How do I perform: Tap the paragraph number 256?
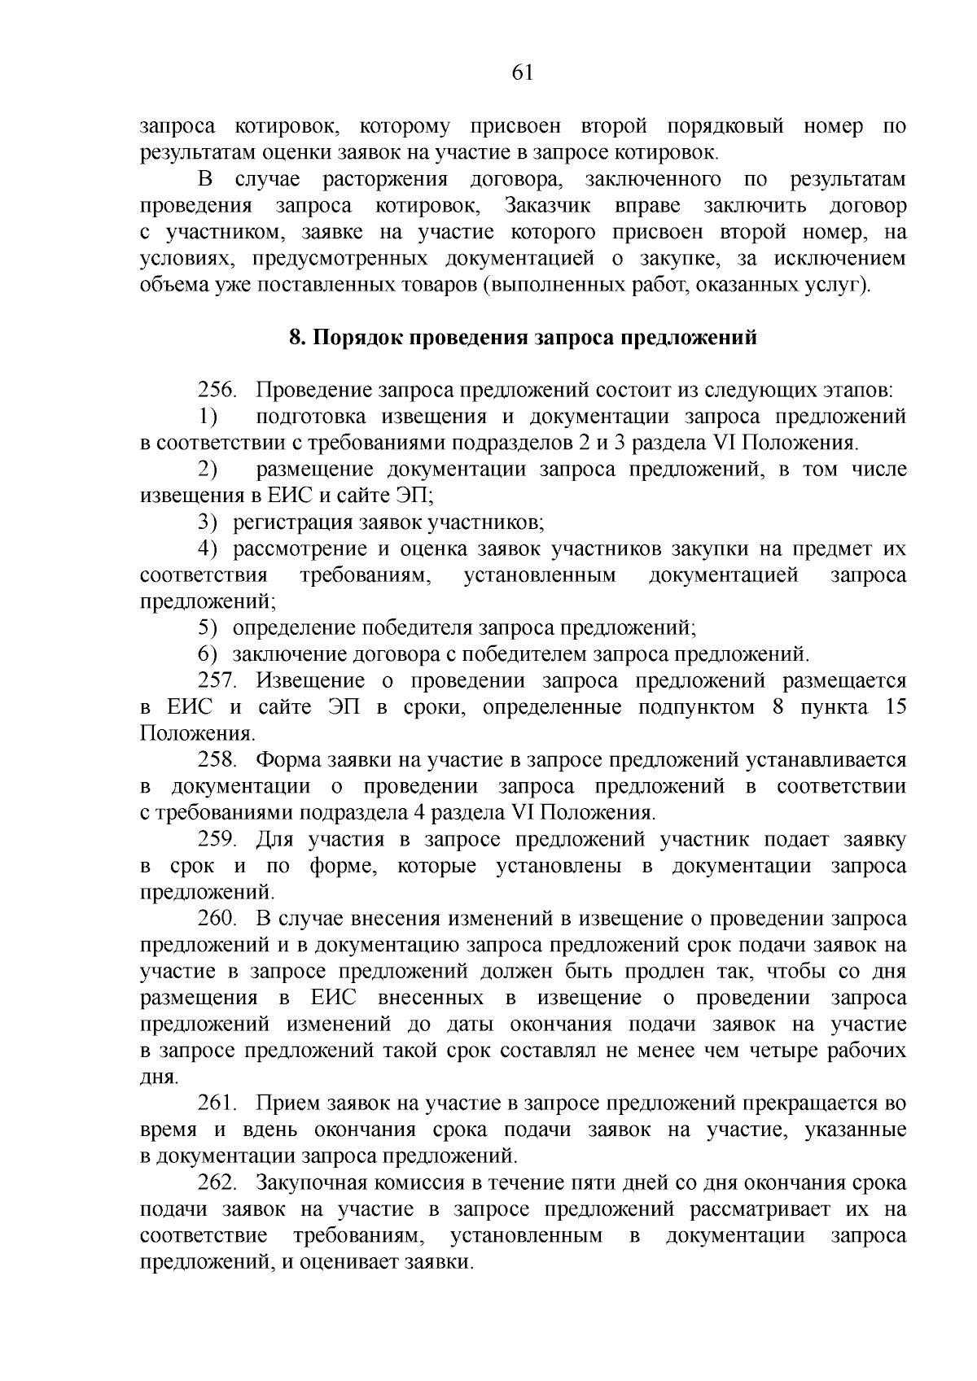217,391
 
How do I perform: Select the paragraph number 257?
217,681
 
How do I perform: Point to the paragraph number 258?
217,760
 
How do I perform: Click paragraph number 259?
217,839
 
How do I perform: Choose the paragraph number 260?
217,919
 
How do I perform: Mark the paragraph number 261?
217,1103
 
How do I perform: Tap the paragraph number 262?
217,1182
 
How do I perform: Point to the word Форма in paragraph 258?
288,760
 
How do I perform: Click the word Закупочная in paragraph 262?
306,1182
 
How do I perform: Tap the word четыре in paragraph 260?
782,1051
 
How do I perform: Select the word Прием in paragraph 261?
282,1103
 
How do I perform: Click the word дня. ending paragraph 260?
159,1077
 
